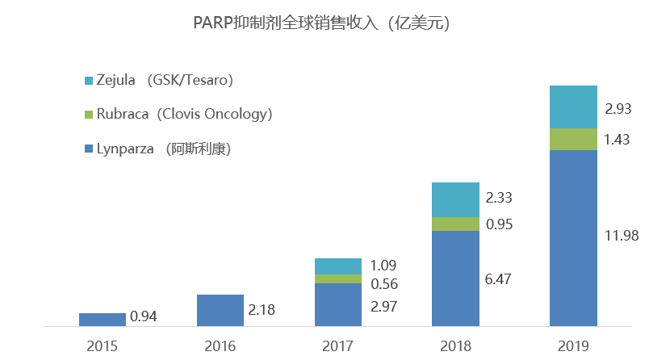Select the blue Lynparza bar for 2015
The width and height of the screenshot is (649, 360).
(103, 320)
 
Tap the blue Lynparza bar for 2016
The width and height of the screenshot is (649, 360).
(220, 311)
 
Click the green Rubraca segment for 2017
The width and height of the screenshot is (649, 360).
(338, 278)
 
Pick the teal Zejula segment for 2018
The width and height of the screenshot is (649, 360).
(456, 200)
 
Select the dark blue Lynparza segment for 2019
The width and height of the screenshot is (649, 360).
(573, 238)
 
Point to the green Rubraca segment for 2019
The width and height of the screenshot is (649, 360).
(573, 139)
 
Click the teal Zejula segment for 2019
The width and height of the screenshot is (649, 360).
(573, 107)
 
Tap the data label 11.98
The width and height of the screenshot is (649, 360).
(622, 236)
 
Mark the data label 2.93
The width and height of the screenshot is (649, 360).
(622, 108)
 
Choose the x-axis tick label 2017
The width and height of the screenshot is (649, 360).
(338, 345)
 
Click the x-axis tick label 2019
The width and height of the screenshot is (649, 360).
(573, 345)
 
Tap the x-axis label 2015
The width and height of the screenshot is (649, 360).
(103, 345)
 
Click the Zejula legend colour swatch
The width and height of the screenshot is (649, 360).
(90, 81)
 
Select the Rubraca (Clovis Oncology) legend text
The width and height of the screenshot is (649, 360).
(184, 115)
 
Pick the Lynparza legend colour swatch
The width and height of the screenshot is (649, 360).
(90, 149)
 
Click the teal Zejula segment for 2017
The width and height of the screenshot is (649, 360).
(338, 266)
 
